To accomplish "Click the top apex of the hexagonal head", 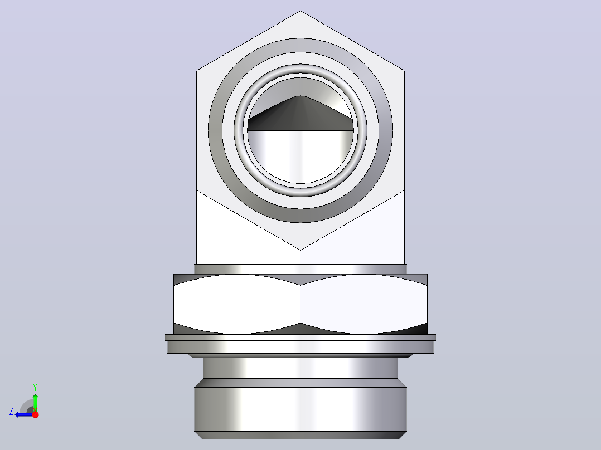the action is coord(300,11).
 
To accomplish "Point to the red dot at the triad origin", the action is coord(35,414).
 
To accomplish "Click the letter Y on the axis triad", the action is coord(35,387).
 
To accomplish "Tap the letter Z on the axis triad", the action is coord(11,412).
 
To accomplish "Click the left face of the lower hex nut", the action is coord(237,304).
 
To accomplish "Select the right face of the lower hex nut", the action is coord(363,304).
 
